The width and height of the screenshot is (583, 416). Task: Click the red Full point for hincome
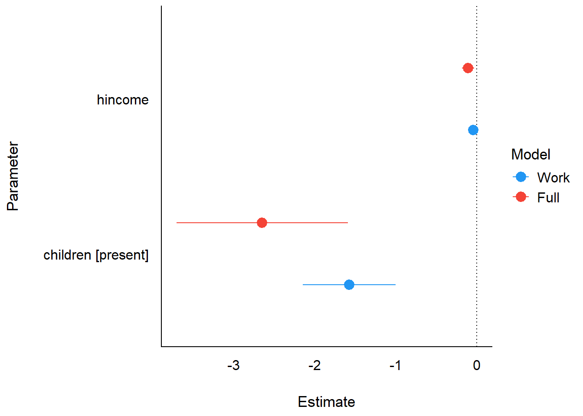click(x=468, y=68)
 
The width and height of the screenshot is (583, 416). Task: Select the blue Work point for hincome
click(x=473, y=130)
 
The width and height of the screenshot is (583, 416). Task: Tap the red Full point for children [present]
click(x=262, y=223)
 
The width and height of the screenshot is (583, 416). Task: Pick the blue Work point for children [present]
click(x=349, y=285)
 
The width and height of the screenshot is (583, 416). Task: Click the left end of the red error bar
click(x=177, y=223)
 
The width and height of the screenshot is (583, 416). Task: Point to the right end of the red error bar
click(x=347, y=223)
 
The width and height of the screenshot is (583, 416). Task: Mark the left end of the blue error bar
click(x=303, y=285)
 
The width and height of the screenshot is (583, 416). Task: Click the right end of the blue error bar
click(x=395, y=285)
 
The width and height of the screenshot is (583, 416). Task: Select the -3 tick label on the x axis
click(x=233, y=366)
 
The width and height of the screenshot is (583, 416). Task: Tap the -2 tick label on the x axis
click(x=314, y=366)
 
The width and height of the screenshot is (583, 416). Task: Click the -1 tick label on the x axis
click(x=395, y=366)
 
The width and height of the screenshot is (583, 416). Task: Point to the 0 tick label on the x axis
click(x=477, y=366)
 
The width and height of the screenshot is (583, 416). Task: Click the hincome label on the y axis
click(x=123, y=100)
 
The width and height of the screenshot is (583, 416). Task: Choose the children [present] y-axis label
click(x=96, y=255)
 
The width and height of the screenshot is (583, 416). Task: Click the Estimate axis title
click(x=326, y=402)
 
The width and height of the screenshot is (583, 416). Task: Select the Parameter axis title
click(x=13, y=176)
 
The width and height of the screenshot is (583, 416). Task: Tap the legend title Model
click(x=531, y=155)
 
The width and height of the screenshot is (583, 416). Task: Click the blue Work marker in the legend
click(x=521, y=177)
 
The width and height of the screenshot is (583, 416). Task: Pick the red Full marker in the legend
click(x=521, y=197)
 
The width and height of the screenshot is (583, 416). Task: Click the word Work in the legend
click(x=553, y=178)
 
